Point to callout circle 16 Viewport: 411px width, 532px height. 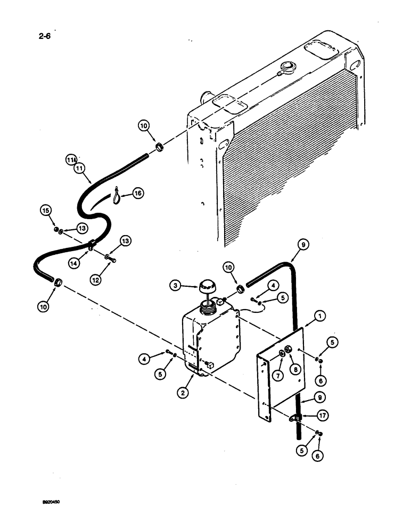click(x=138, y=194)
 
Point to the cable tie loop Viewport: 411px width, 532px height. click(x=117, y=197)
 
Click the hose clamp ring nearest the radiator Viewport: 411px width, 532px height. click(x=158, y=146)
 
